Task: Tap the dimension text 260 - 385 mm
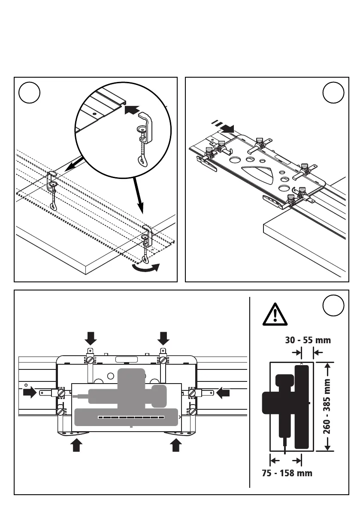click(x=339, y=406)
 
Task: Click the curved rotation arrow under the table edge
click(x=146, y=267)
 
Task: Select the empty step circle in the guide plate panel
click(x=333, y=93)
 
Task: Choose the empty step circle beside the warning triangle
click(x=333, y=305)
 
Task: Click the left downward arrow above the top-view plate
click(x=91, y=339)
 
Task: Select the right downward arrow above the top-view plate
click(x=163, y=339)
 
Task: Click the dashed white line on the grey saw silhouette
click(x=131, y=417)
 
